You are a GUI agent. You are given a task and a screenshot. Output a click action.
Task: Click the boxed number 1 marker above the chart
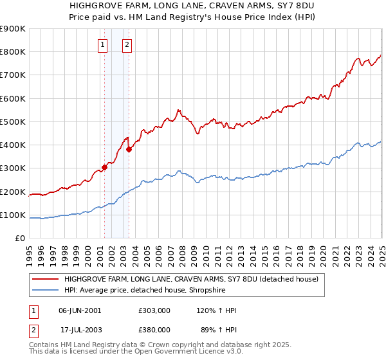(103, 45)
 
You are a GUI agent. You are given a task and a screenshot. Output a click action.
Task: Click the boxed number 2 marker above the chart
(127, 45)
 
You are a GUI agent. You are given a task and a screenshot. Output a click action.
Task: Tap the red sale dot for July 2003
(129, 149)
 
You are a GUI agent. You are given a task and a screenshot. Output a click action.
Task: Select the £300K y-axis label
(13, 168)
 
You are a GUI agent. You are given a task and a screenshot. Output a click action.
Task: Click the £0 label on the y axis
(19, 239)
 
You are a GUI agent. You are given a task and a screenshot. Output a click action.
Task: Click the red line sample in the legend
(46, 279)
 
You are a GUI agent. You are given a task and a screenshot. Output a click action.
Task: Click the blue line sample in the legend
(46, 290)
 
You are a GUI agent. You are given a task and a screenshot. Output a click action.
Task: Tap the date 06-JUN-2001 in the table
(80, 310)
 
